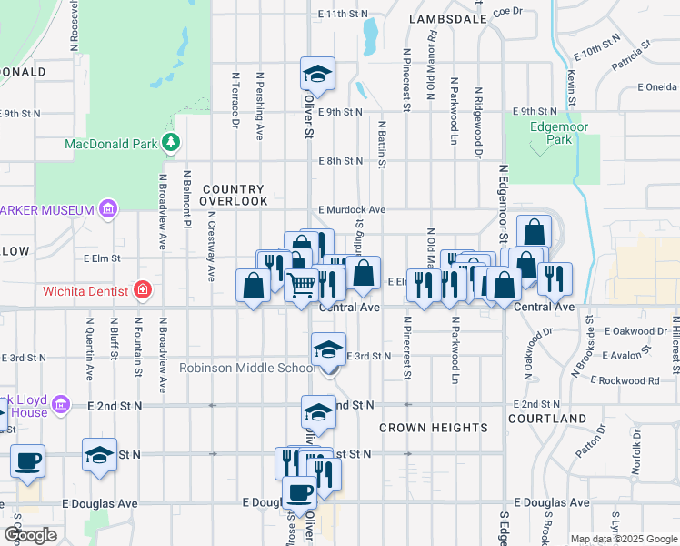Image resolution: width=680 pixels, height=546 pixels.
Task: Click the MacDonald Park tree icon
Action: click(x=170, y=143)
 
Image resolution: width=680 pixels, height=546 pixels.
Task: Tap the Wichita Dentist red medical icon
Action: click(x=143, y=291)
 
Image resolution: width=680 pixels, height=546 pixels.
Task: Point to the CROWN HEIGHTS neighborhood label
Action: click(x=434, y=427)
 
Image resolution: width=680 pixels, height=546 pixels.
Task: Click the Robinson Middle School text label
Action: click(x=247, y=368)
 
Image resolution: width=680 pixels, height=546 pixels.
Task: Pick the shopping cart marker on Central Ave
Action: click(x=302, y=285)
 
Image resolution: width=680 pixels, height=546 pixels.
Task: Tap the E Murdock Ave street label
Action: click(x=351, y=209)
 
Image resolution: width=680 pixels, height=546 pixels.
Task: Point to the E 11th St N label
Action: click(x=343, y=14)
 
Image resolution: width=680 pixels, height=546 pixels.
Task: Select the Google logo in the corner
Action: click(x=31, y=535)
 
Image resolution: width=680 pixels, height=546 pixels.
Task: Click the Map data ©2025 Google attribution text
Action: click(x=623, y=539)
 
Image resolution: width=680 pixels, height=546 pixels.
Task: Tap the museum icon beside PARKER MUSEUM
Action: click(x=107, y=210)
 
